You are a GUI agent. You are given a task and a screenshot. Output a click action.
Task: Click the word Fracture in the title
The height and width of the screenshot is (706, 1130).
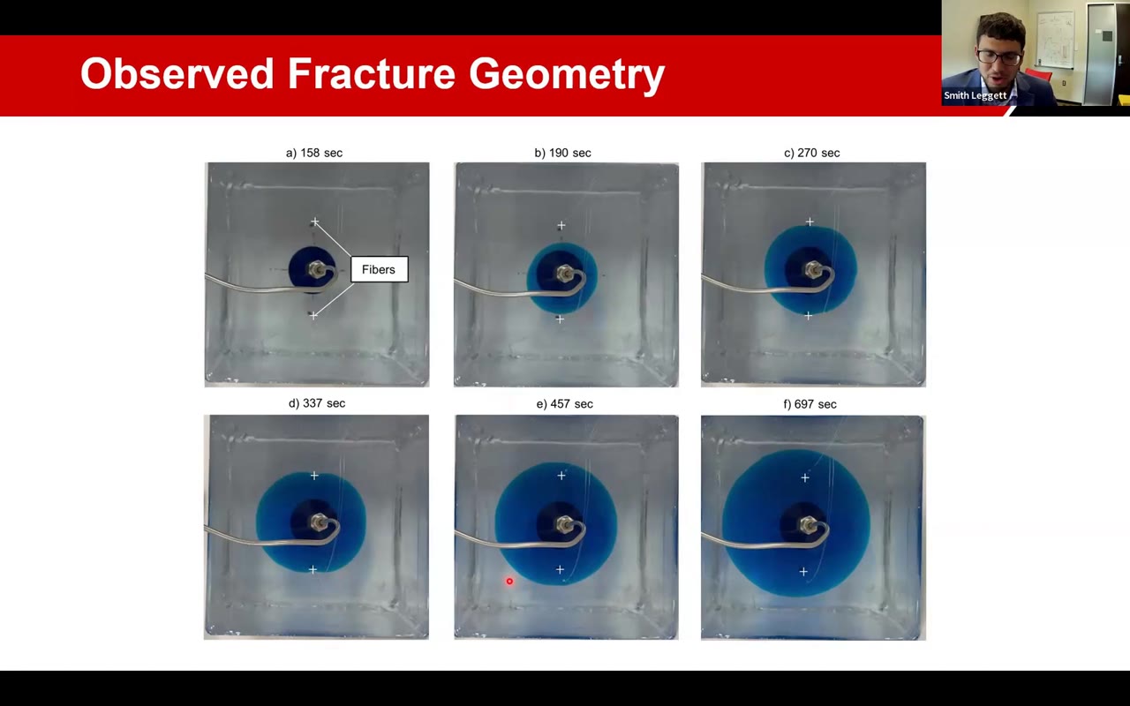[373, 74]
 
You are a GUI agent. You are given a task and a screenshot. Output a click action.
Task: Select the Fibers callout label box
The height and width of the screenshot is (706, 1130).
[379, 269]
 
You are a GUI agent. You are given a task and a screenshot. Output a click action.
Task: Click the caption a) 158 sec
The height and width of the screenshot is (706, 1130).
[314, 153]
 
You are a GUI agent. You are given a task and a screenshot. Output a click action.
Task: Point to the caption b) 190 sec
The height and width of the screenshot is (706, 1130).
[562, 153]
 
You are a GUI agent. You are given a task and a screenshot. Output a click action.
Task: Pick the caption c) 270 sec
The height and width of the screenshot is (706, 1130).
[812, 153]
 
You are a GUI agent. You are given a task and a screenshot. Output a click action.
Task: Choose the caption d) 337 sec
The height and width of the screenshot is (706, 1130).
[317, 403]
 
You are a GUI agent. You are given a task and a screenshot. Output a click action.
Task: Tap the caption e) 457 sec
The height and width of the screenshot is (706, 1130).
[565, 404]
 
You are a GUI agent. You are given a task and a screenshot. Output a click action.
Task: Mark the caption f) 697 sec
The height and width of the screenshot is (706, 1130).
[810, 404]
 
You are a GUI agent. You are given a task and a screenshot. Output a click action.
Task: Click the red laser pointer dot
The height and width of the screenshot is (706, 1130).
[509, 581]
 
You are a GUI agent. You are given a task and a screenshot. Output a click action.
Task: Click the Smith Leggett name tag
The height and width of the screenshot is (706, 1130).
[975, 95]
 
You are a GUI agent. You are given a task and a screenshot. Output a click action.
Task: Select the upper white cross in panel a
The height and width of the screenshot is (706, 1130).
[314, 222]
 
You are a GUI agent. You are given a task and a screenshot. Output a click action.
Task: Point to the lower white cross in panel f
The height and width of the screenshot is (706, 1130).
[803, 572]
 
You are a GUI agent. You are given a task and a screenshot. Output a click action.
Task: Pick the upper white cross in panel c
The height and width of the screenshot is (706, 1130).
[810, 222]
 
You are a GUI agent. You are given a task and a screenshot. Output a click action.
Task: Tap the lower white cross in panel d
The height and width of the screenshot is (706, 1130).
[313, 570]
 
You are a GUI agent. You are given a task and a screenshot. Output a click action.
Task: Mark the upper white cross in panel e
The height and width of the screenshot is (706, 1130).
[561, 476]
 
